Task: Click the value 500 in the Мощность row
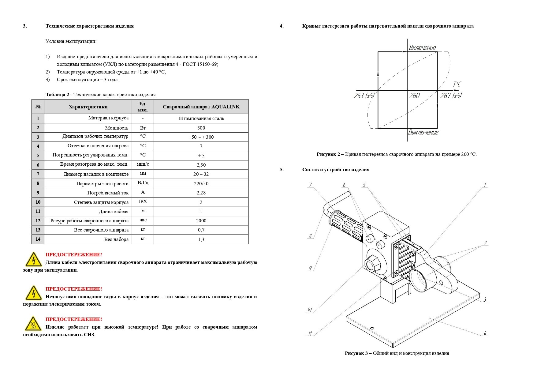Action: (201, 128)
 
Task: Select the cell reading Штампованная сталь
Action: (201, 119)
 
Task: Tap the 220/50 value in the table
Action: (201, 183)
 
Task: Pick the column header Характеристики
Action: (88, 107)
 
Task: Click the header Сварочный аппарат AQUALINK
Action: (201, 107)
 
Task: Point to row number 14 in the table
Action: (38, 239)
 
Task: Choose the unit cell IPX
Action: (143, 201)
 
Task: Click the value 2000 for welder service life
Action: (201, 220)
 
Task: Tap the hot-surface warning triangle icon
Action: (33, 324)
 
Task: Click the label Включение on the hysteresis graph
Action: (422, 48)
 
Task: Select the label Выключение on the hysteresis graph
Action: (423, 132)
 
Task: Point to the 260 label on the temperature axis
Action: (414, 96)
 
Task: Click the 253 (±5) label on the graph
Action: (364, 96)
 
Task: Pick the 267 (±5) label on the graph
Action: (451, 96)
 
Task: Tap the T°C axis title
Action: (457, 84)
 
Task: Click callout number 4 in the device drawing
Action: (485, 333)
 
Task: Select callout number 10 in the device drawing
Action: (309, 310)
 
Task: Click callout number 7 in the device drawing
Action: (310, 185)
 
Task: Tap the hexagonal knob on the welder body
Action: (372, 263)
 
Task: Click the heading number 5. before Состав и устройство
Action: (282, 170)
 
